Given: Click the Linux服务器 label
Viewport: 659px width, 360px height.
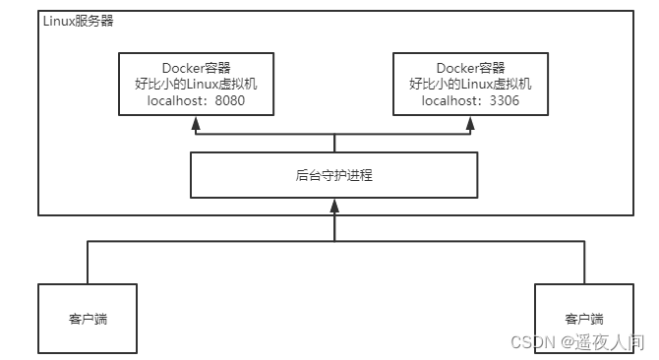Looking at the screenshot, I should (x=76, y=22).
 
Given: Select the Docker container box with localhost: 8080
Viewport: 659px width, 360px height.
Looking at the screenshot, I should (x=196, y=85).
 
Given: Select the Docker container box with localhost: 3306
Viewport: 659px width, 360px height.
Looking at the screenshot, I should (x=470, y=85).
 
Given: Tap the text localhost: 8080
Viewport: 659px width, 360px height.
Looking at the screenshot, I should (x=196, y=100).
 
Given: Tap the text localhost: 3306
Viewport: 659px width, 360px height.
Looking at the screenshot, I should (x=470, y=100).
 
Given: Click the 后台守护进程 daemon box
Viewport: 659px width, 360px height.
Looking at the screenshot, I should (x=333, y=174).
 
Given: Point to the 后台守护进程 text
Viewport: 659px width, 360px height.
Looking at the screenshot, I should (x=333, y=175).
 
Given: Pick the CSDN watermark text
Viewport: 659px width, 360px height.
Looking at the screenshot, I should (x=533, y=340).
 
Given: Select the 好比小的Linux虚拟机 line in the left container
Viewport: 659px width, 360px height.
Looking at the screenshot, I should (x=196, y=85).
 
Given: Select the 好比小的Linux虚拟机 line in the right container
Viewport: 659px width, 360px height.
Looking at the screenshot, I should (x=470, y=85).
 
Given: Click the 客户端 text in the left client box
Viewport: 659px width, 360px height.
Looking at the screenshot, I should (x=87, y=320).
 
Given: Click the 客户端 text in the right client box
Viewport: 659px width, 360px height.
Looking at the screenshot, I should (x=584, y=320).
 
